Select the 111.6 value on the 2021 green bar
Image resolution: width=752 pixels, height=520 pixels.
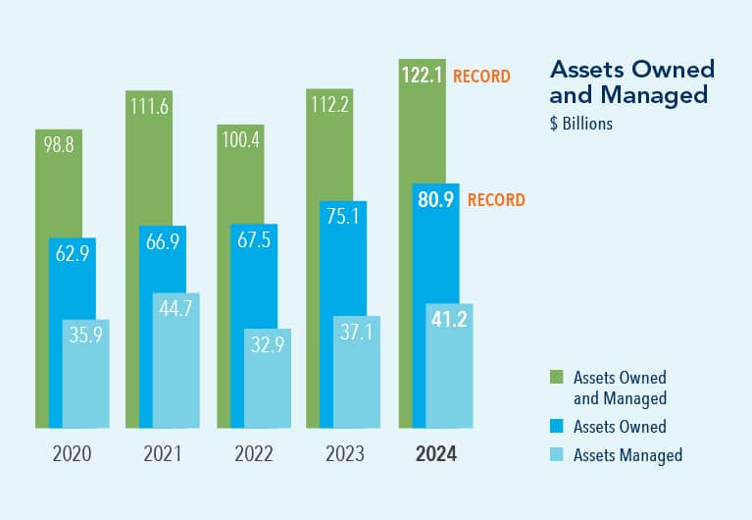tap(150, 106)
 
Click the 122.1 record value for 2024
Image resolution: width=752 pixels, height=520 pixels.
tap(422, 74)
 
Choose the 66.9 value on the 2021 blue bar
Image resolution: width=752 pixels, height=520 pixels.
tap(163, 241)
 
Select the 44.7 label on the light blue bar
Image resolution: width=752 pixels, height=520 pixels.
tap(176, 307)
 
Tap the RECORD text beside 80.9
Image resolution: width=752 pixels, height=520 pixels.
tap(496, 200)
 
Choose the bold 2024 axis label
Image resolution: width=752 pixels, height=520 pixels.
tap(435, 454)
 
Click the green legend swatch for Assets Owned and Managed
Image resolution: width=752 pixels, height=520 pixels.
tap(556, 377)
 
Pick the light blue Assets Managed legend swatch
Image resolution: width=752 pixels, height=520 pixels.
tap(556, 454)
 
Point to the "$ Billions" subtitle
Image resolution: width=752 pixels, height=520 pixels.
tap(581, 124)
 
